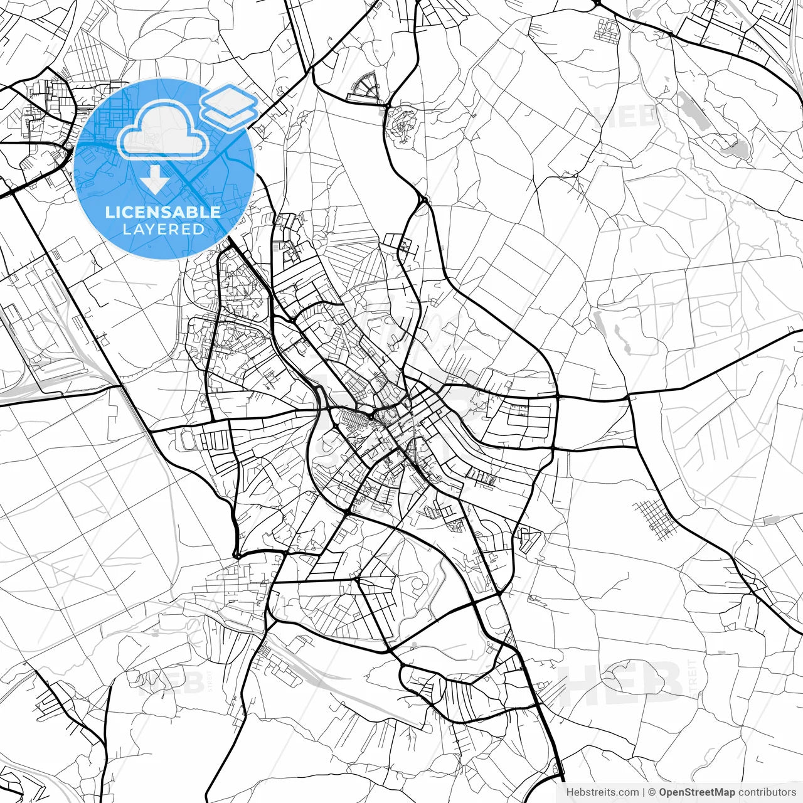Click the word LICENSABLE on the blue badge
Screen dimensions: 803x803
tap(163, 212)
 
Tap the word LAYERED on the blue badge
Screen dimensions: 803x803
tap(163, 229)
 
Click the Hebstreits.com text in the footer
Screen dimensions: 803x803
tap(602, 792)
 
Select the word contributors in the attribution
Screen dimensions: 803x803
tap(767, 792)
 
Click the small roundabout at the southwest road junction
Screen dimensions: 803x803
tap(237, 555)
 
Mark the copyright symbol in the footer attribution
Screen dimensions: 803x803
tap(652, 792)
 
